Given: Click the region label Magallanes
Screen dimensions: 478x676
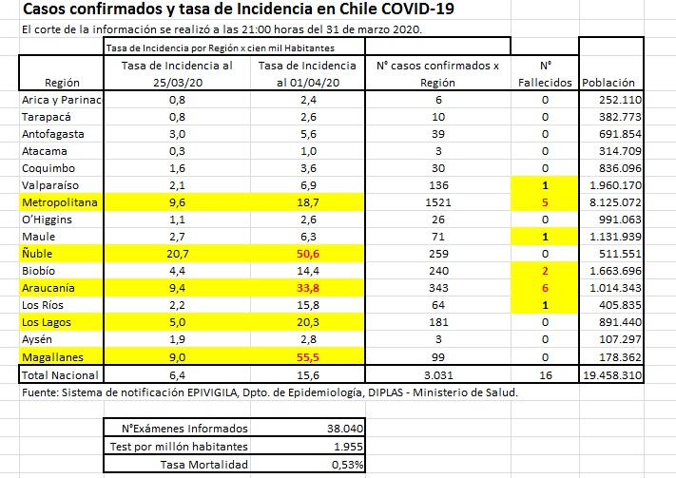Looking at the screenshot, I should [52, 355].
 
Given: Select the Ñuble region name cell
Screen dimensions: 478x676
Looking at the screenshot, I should [38, 254].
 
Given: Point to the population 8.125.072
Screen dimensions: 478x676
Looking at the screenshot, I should [613, 202].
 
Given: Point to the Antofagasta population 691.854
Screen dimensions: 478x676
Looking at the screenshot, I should [613, 134].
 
